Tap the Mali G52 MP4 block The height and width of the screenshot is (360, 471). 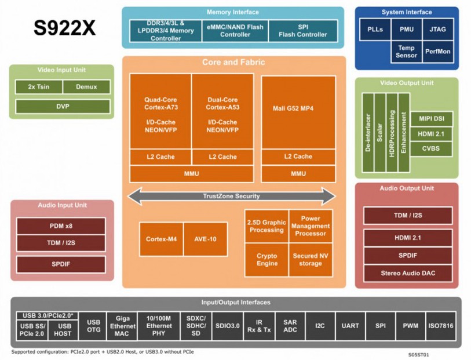[298, 108]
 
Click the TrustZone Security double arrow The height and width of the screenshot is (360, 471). [231, 196]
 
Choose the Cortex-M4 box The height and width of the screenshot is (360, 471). [161, 238]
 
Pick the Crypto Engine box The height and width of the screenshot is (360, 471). [266, 260]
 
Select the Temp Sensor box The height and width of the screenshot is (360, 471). [406, 52]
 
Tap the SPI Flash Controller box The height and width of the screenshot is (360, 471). [303, 30]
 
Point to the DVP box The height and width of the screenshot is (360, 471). [62, 107]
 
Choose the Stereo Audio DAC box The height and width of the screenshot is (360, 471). [408, 273]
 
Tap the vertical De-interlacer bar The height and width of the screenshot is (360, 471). [367, 132]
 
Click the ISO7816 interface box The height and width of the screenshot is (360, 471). [440, 326]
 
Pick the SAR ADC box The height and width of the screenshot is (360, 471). [290, 326]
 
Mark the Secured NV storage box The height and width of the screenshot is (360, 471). [311, 260]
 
